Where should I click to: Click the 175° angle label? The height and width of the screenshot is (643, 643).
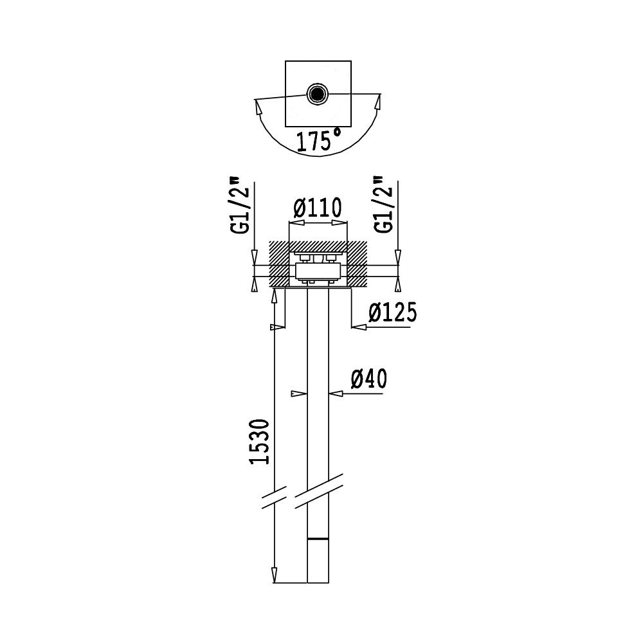coord(319,140)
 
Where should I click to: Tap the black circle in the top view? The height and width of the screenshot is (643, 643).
coord(318,94)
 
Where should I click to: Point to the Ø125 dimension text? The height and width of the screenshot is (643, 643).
coord(392,312)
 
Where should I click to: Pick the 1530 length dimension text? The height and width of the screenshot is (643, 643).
coord(259,442)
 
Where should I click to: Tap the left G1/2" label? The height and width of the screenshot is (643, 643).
coord(239,205)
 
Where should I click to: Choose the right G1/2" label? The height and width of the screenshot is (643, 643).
coord(385,205)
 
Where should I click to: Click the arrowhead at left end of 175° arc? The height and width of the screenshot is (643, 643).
coord(258,108)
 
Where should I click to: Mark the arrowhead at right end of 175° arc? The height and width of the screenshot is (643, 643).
coord(377,102)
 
